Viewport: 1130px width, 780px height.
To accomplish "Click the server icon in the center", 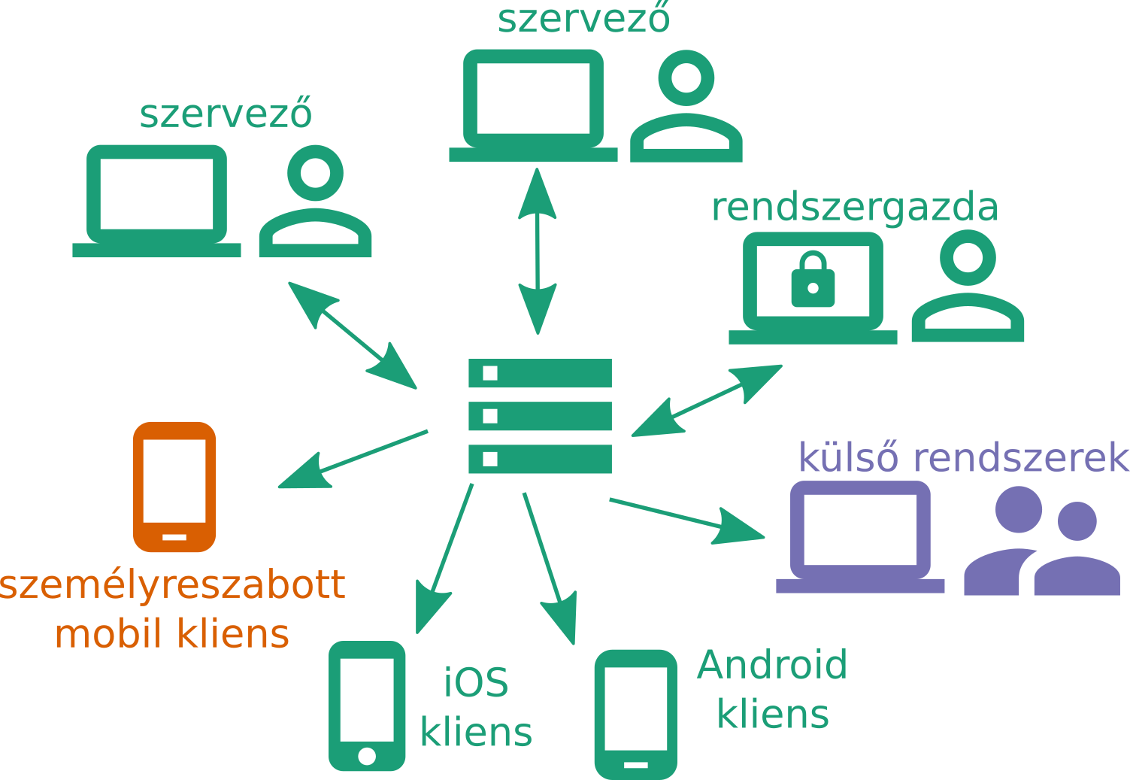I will (540, 416).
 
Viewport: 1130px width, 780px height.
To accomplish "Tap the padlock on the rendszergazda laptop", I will (813, 281).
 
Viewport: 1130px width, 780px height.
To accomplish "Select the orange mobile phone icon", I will (174, 487).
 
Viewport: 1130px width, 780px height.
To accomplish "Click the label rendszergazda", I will (855, 208).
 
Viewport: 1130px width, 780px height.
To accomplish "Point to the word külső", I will (848, 457).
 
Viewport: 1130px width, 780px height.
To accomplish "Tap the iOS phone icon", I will (367, 706).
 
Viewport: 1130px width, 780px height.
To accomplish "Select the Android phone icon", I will (636, 714).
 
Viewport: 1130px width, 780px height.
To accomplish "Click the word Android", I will (772, 665).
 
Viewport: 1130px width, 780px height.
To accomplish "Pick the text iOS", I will (476, 683).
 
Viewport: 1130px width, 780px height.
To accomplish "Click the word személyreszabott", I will (173, 584).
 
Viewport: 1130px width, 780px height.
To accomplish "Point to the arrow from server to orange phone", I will (353, 459).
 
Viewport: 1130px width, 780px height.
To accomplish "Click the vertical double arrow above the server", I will (538, 250).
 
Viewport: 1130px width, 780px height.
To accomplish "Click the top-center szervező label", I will (583, 18).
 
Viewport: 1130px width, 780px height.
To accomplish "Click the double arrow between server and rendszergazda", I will (707, 400).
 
